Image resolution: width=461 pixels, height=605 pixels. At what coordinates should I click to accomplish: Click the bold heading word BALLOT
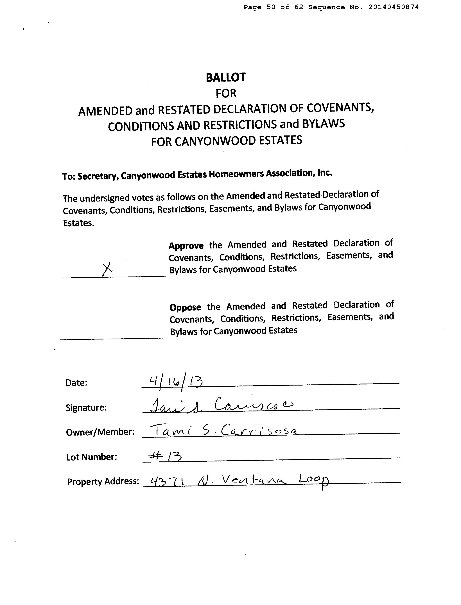coord(226,78)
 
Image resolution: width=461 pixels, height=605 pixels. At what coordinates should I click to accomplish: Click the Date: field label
coord(76,383)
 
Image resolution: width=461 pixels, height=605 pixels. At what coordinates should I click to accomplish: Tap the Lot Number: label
coord(92,457)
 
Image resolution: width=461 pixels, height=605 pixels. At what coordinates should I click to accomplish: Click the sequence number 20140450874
coord(394,7)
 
